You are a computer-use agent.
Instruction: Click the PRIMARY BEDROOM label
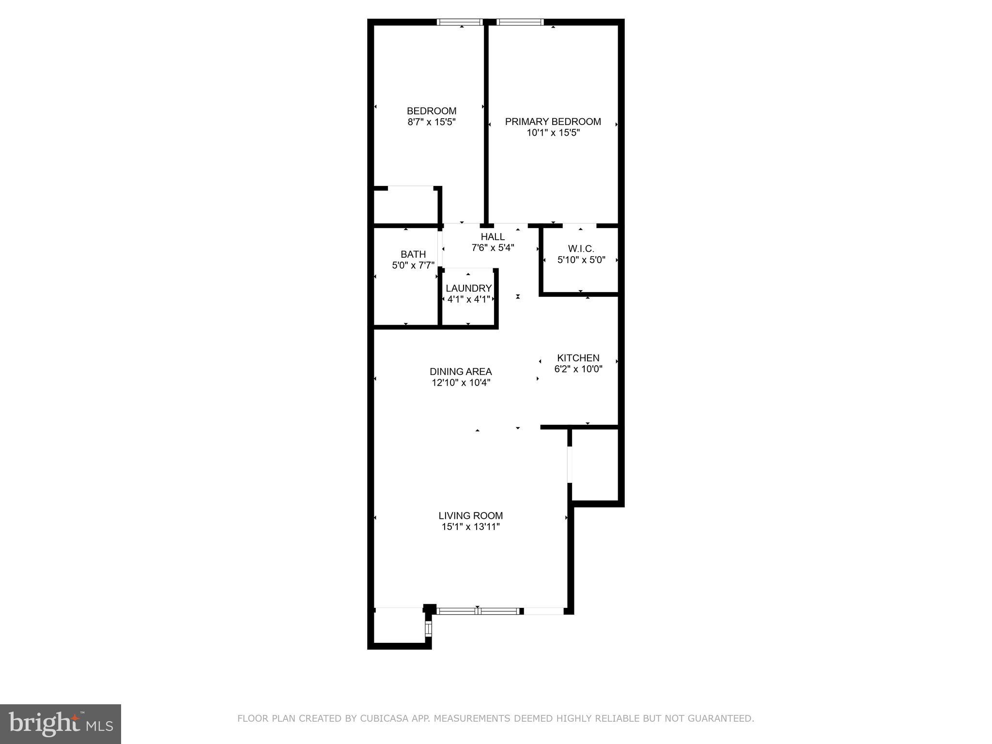coord(553,122)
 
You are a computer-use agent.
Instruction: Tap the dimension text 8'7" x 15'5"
coord(431,122)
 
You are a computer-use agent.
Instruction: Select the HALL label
coord(493,237)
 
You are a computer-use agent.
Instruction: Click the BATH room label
coord(413,254)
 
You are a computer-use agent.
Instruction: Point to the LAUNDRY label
coord(468,288)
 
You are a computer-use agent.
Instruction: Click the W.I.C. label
coord(581,249)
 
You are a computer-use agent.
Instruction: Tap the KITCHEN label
coord(578,358)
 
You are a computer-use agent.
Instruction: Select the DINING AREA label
coord(461,372)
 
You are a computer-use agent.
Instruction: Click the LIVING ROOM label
coord(470,516)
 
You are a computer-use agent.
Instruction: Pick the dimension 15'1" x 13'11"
coord(470,527)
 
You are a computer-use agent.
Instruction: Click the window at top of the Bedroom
coord(460,22)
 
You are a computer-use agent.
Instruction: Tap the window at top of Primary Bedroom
coord(520,22)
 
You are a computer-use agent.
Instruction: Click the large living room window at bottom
coord(478,611)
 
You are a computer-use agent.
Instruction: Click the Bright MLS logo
coord(60,724)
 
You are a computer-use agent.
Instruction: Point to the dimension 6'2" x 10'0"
coord(578,369)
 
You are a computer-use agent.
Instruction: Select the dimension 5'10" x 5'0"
coord(581,260)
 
